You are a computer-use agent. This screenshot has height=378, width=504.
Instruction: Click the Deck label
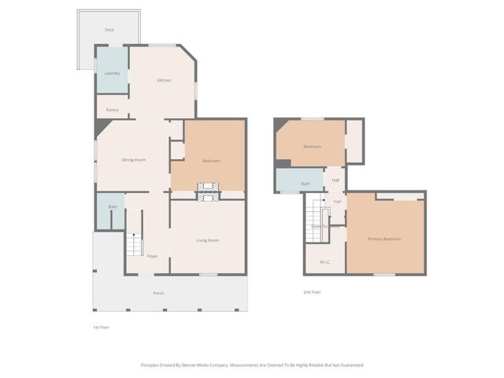[x=109, y=30]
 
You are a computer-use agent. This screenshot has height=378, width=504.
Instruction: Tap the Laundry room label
[x=112, y=73]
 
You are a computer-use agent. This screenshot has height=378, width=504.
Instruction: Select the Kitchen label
[x=164, y=80]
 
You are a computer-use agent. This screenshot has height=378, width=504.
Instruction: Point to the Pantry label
[x=112, y=110]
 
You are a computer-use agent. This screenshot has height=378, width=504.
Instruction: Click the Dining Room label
[x=133, y=160]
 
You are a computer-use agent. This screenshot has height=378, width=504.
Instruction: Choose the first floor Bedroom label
[x=210, y=161]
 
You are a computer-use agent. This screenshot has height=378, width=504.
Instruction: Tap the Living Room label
[x=207, y=240]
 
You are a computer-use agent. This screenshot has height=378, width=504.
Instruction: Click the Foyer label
[x=152, y=256]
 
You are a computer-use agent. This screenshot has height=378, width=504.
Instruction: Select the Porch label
[x=158, y=294]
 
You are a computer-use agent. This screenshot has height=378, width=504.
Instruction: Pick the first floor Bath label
[x=113, y=207]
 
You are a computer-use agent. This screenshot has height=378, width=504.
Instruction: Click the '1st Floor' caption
[x=101, y=326]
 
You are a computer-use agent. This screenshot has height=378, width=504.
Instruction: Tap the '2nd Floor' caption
[x=312, y=292]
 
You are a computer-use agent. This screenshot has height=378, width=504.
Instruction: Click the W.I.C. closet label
[x=324, y=261]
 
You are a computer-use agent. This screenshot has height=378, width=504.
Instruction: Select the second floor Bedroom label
[x=312, y=146]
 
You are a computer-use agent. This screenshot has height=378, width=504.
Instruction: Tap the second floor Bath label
[x=306, y=183]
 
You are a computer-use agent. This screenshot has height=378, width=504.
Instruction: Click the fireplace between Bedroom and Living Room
[x=209, y=191]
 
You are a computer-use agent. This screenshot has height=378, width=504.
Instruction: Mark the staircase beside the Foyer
[x=133, y=244]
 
